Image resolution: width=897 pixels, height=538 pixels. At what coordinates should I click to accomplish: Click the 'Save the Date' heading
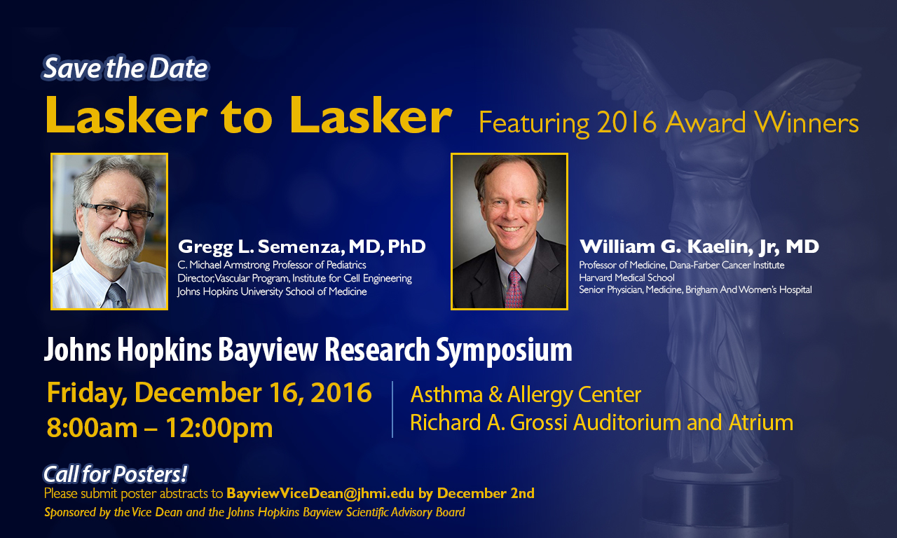(125, 69)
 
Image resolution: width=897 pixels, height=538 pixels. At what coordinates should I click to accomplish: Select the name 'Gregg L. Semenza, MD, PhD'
(301, 247)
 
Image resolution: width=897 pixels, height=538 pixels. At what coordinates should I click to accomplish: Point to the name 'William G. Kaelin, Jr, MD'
(699, 247)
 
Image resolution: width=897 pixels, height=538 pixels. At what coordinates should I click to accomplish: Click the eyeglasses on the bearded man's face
(117, 212)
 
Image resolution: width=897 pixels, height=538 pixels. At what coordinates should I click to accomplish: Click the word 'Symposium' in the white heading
(504, 350)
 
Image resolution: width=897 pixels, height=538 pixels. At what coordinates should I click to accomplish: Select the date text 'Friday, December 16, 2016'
(209, 393)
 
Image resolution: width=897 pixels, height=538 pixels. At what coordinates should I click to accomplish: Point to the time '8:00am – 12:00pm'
(159, 427)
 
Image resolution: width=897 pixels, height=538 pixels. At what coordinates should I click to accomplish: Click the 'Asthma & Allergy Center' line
(526, 394)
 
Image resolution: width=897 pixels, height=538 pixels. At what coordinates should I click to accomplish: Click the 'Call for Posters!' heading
(115, 474)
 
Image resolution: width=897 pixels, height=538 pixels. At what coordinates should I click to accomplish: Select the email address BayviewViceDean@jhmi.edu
(320, 494)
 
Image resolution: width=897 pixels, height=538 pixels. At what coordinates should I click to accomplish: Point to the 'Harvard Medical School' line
(626, 277)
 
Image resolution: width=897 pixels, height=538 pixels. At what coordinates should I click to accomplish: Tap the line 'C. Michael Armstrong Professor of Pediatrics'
(272, 265)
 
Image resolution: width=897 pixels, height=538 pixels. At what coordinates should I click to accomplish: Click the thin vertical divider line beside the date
(392, 409)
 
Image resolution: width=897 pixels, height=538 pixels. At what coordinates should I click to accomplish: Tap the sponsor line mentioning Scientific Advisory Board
(254, 512)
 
